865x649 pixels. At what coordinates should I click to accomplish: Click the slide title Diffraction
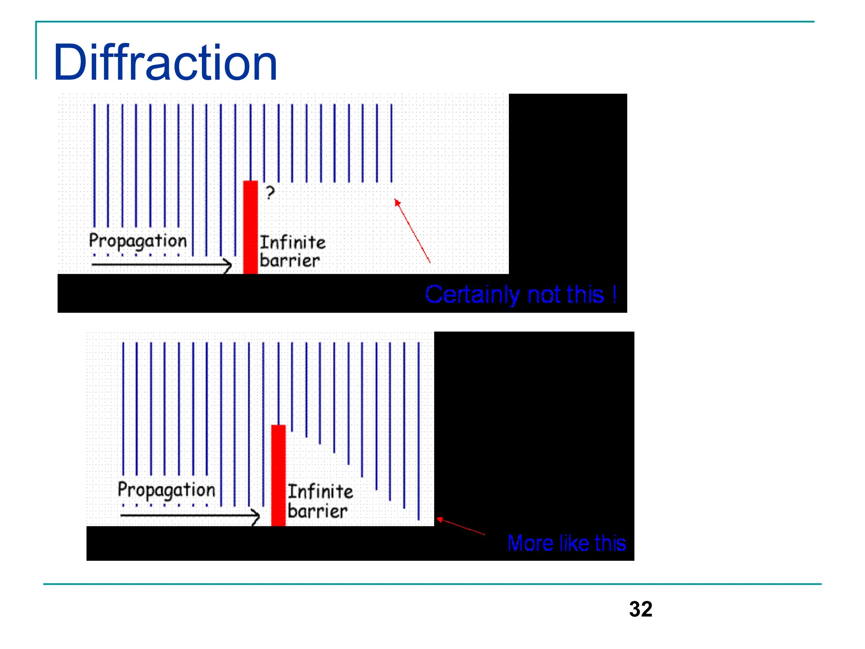click(166, 63)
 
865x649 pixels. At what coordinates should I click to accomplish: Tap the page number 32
click(640, 609)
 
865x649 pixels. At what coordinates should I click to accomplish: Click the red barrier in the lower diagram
click(278, 475)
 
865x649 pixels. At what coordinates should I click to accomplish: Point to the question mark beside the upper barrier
click(270, 193)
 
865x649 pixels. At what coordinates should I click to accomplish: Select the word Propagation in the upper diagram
click(138, 241)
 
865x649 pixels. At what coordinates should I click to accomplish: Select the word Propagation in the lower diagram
click(166, 490)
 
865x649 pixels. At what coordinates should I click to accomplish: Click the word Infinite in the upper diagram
click(293, 243)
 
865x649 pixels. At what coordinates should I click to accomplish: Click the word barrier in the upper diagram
click(290, 260)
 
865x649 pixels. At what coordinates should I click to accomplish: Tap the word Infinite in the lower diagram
click(321, 491)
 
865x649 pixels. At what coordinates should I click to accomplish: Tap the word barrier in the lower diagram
click(318, 511)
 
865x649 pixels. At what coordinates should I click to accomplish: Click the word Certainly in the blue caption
click(472, 295)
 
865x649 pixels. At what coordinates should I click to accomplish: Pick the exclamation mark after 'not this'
click(615, 294)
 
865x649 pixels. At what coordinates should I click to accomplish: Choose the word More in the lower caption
click(530, 543)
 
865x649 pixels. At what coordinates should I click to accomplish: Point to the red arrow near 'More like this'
click(460, 526)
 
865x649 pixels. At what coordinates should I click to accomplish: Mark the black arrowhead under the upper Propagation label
click(228, 265)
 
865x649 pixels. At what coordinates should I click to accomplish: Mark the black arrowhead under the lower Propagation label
click(256, 515)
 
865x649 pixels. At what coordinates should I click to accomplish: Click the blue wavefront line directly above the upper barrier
click(250, 142)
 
